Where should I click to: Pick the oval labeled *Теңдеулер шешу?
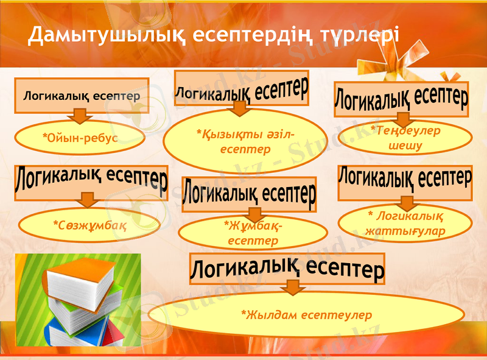tap(405, 138)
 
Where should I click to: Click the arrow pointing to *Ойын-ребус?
tap(80, 116)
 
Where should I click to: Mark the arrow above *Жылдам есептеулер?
tap(293, 286)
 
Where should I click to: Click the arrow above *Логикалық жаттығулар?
tap(405, 203)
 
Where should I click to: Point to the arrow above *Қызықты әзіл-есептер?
tap(239, 108)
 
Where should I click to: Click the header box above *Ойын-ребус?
tap(82, 95)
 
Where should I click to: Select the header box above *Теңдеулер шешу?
tap(402, 98)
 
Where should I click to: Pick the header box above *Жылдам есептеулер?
tap(288, 267)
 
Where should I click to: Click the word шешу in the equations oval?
tap(405, 146)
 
